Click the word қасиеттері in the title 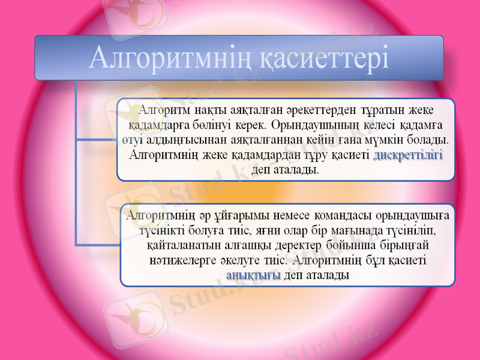pos(325,59)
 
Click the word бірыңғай pos(403,245)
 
